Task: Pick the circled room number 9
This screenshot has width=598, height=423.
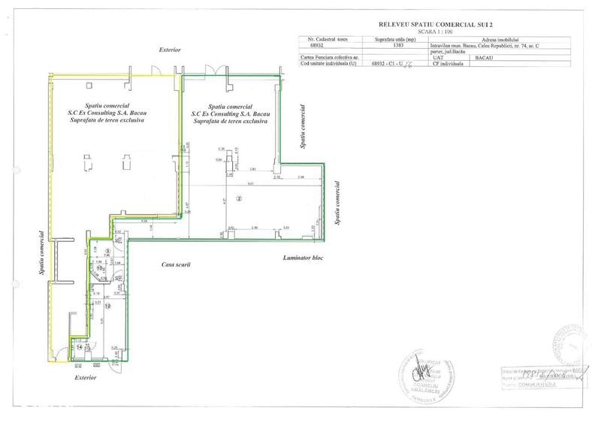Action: click(x=108, y=252)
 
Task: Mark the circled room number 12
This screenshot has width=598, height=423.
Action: click(x=107, y=306)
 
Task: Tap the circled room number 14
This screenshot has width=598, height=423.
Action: click(x=80, y=347)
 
